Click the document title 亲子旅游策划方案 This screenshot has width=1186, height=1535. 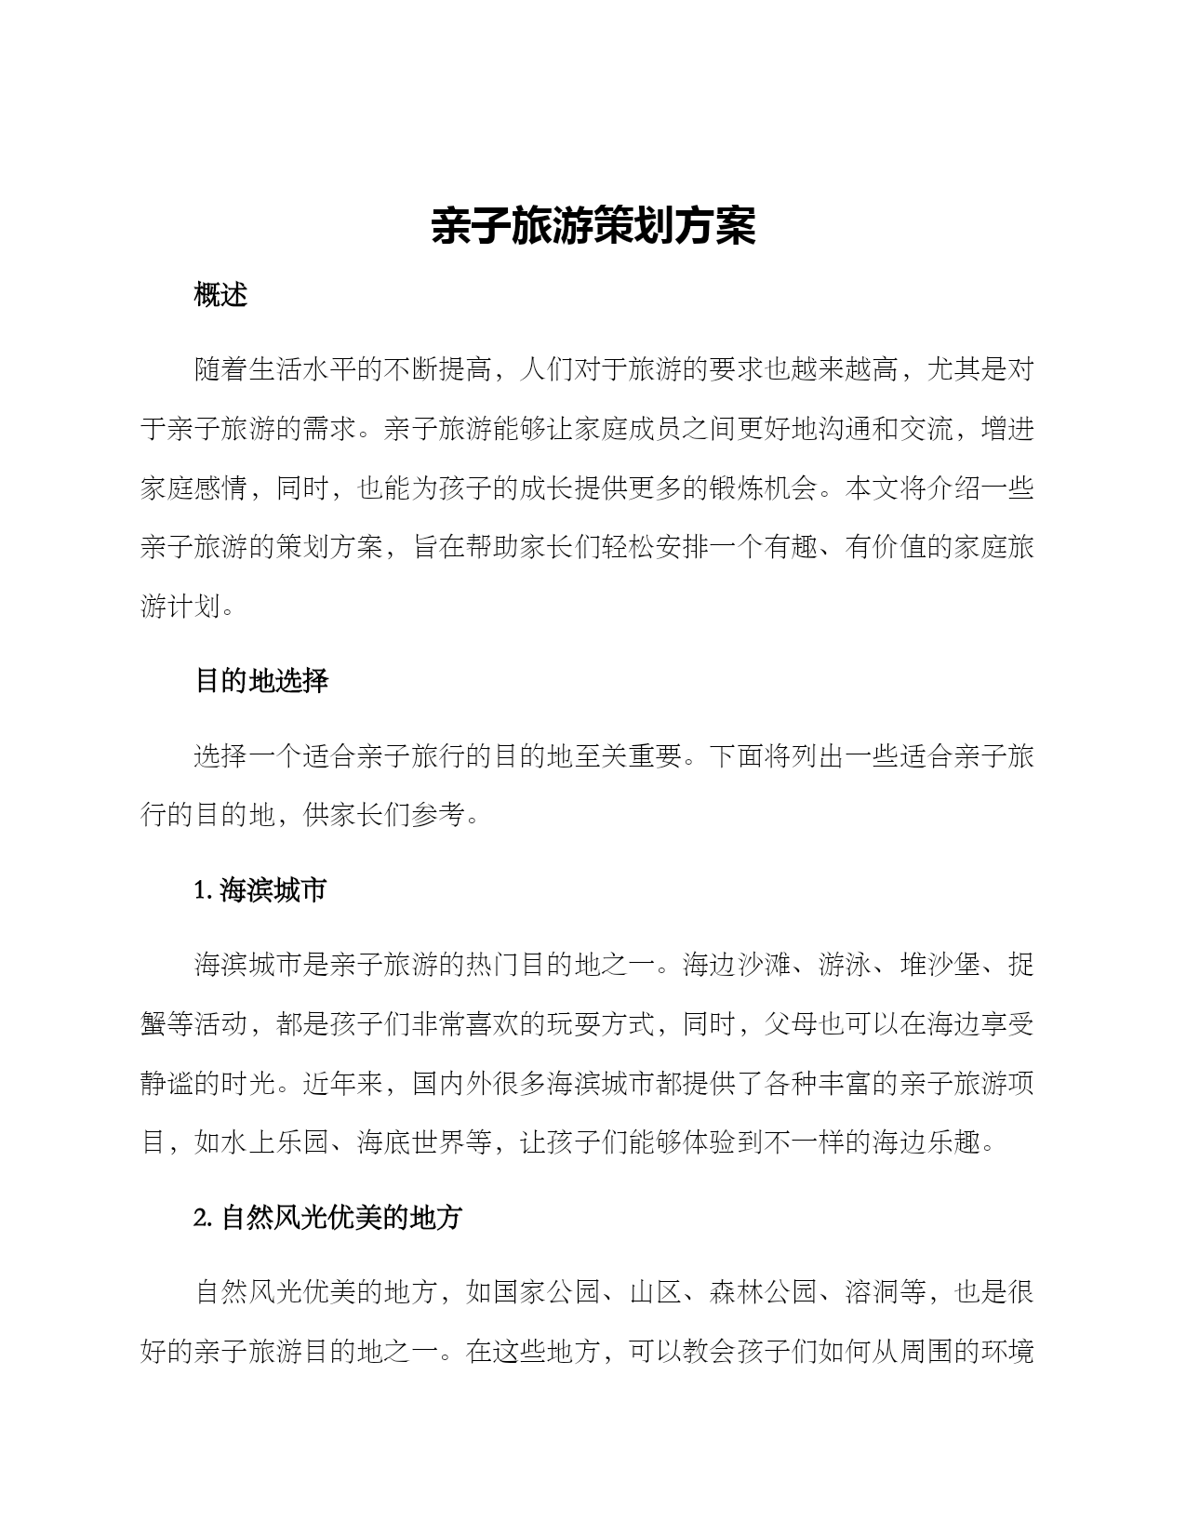(593, 226)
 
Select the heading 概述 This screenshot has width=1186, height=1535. (220, 295)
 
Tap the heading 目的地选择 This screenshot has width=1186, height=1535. (261, 681)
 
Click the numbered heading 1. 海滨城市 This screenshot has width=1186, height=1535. (260, 890)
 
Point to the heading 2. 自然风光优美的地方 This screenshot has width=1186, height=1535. (327, 1218)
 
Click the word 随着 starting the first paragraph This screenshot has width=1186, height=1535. (220, 370)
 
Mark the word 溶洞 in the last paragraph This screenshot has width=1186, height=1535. (872, 1292)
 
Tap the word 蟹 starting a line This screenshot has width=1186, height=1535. (153, 1024)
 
